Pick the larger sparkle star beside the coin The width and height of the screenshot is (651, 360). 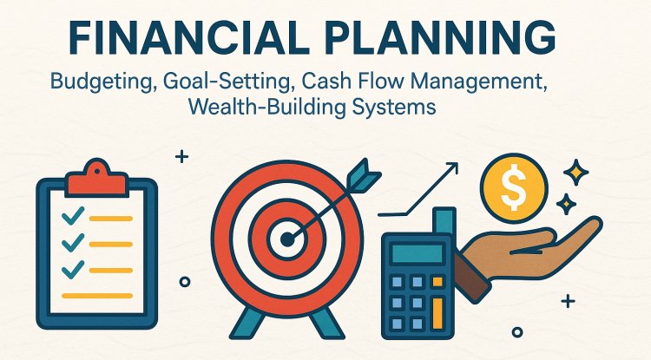click(x=575, y=170)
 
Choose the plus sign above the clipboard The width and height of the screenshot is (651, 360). click(x=181, y=157)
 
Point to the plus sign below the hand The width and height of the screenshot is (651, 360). click(x=569, y=302)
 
